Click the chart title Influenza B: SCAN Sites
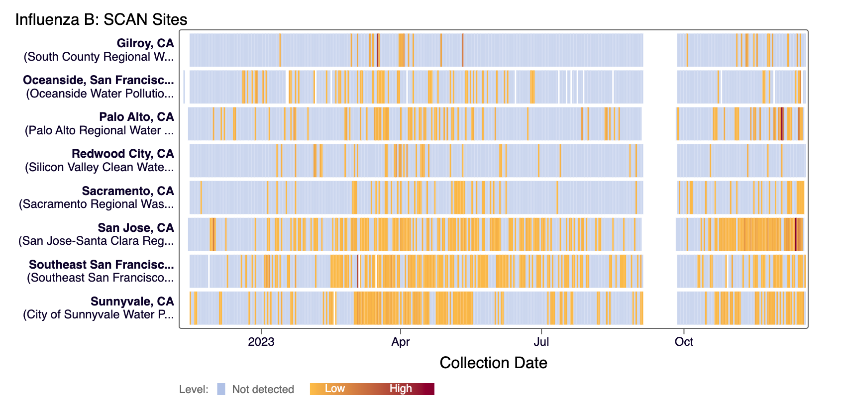tap(101, 19)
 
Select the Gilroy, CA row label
tap(145, 43)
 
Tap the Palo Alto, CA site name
tap(136, 117)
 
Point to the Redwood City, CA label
tap(122, 154)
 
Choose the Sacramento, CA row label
tap(127, 191)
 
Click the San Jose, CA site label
tap(135, 228)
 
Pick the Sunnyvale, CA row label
tap(132, 301)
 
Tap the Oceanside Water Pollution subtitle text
tap(100, 94)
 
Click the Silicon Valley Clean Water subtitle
tap(99, 167)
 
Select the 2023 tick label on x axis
tap(261, 342)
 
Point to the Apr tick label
tap(401, 342)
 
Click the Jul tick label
tap(541, 342)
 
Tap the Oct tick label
tap(684, 342)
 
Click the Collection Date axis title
tap(493, 363)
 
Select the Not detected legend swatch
tap(221, 389)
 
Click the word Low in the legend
tap(334, 389)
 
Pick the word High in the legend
tap(401, 389)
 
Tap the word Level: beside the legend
tap(194, 390)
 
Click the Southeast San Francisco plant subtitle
tap(100, 278)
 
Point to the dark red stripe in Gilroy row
tap(378, 50)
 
